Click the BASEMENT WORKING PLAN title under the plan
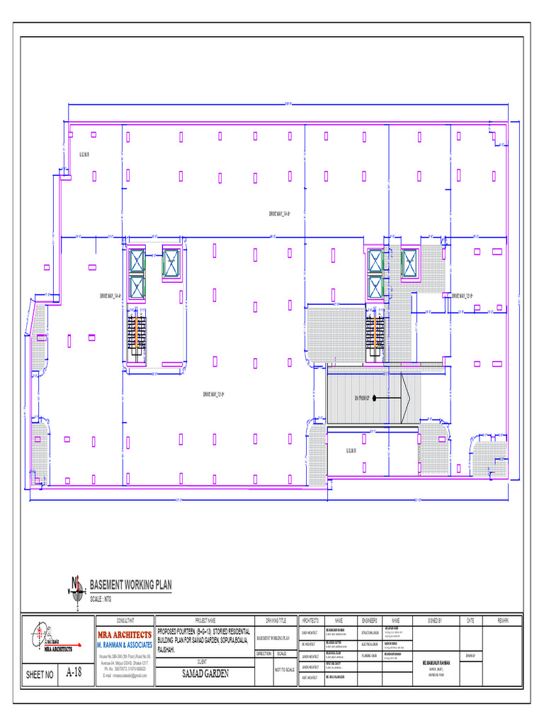tap(130, 585)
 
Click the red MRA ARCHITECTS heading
tap(124, 635)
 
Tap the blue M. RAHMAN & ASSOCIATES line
tap(124, 646)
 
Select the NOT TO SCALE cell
tap(284, 669)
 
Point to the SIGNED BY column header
tap(435, 620)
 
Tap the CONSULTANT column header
tap(124, 620)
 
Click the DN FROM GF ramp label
tap(363, 398)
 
